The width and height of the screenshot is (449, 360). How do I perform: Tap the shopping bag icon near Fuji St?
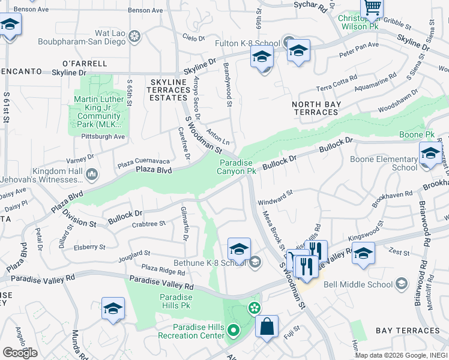tap(267, 327)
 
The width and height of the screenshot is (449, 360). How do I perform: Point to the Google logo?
tap(20, 353)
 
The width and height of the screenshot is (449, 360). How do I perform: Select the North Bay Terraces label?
tap(316, 108)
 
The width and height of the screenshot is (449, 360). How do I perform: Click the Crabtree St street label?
tap(148, 224)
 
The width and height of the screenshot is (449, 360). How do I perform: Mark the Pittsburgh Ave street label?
tap(103, 137)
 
